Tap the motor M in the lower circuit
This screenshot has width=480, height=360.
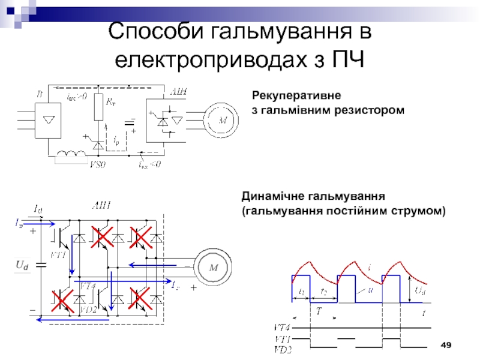[213, 268]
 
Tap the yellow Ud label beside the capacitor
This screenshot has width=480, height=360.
[22, 265]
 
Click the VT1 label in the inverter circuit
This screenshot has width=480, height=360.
[58, 254]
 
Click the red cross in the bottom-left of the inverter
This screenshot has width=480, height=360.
[62, 301]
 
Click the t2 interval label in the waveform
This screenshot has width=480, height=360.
[324, 293]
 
